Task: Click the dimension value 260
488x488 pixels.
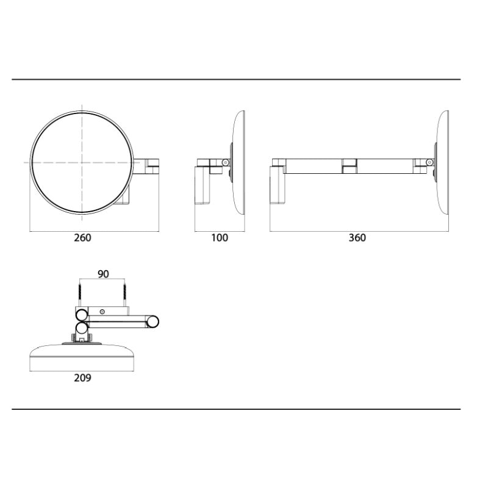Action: coord(82,238)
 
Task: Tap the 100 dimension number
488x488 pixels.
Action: coord(219,238)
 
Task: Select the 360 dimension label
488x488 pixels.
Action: coord(357,238)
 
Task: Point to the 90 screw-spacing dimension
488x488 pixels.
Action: coord(103,274)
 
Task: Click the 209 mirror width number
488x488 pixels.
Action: coord(82,378)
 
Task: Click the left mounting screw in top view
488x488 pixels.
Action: coord(80,296)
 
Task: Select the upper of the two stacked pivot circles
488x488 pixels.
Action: coord(81,316)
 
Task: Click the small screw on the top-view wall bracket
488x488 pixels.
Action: coord(102,312)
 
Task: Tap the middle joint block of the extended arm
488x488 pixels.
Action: coord(349,165)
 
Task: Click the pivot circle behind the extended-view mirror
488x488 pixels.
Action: coord(429,162)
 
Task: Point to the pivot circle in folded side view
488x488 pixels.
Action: coord(225,162)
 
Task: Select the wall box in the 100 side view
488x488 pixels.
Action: coord(203,186)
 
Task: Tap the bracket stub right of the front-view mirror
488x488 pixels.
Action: coord(152,165)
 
